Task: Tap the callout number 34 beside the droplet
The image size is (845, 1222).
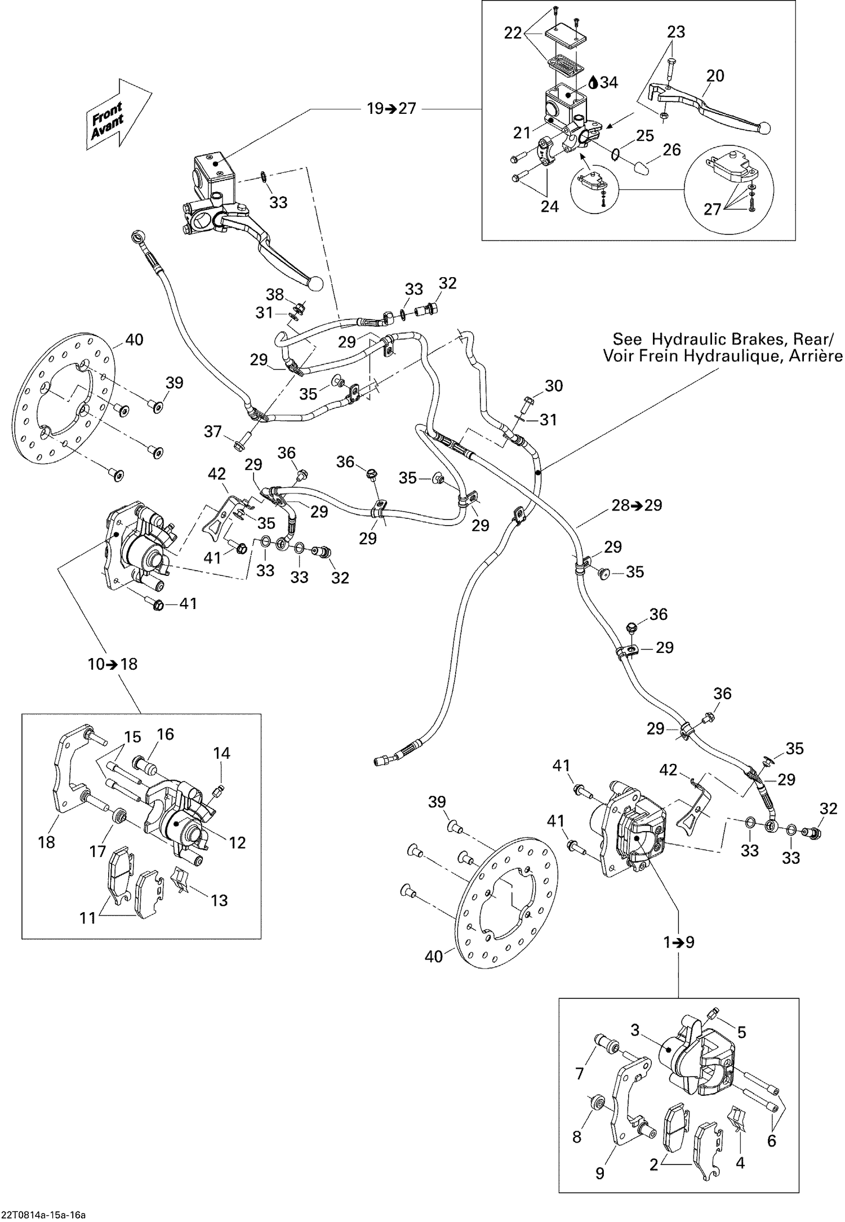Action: [x=608, y=83]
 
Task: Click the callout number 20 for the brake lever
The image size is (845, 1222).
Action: [x=715, y=75]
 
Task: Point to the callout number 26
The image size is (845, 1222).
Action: [x=671, y=149]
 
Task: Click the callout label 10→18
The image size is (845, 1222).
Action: [x=113, y=664]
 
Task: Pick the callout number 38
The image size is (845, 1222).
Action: [x=275, y=294]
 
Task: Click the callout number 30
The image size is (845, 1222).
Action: [x=554, y=386]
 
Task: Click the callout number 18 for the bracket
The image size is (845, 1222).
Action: [x=47, y=842]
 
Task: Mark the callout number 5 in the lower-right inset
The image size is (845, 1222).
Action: [x=741, y=1032]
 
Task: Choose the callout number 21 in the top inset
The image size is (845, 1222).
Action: [x=522, y=132]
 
